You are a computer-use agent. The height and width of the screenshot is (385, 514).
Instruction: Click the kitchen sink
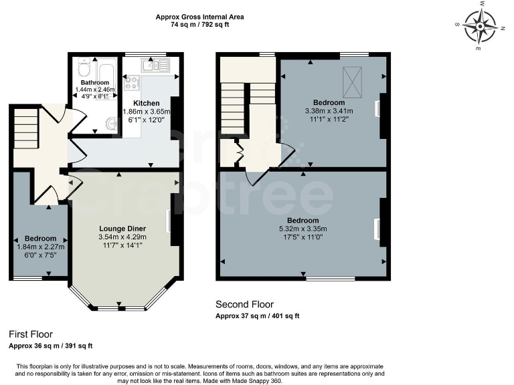pyautogui.click(x=155, y=65)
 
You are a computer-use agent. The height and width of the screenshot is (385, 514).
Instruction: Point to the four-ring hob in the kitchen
pyautogui.click(x=133, y=84)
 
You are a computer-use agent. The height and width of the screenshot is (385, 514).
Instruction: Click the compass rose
pyautogui.click(x=480, y=26)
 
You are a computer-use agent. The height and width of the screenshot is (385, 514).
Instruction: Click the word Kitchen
pyautogui.click(x=145, y=103)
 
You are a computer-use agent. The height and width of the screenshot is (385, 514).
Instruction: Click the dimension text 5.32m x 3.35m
pyautogui.click(x=303, y=228)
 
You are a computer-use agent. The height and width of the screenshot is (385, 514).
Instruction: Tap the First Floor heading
pyautogui.click(x=31, y=334)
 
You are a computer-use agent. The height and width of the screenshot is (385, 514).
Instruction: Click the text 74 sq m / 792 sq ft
pyautogui.click(x=199, y=25)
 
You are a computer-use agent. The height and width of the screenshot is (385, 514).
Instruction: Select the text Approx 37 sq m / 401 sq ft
pyautogui.click(x=257, y=315)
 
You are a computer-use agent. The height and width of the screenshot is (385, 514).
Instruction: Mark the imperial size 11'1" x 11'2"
pyautogui.click(x=329, y=118)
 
